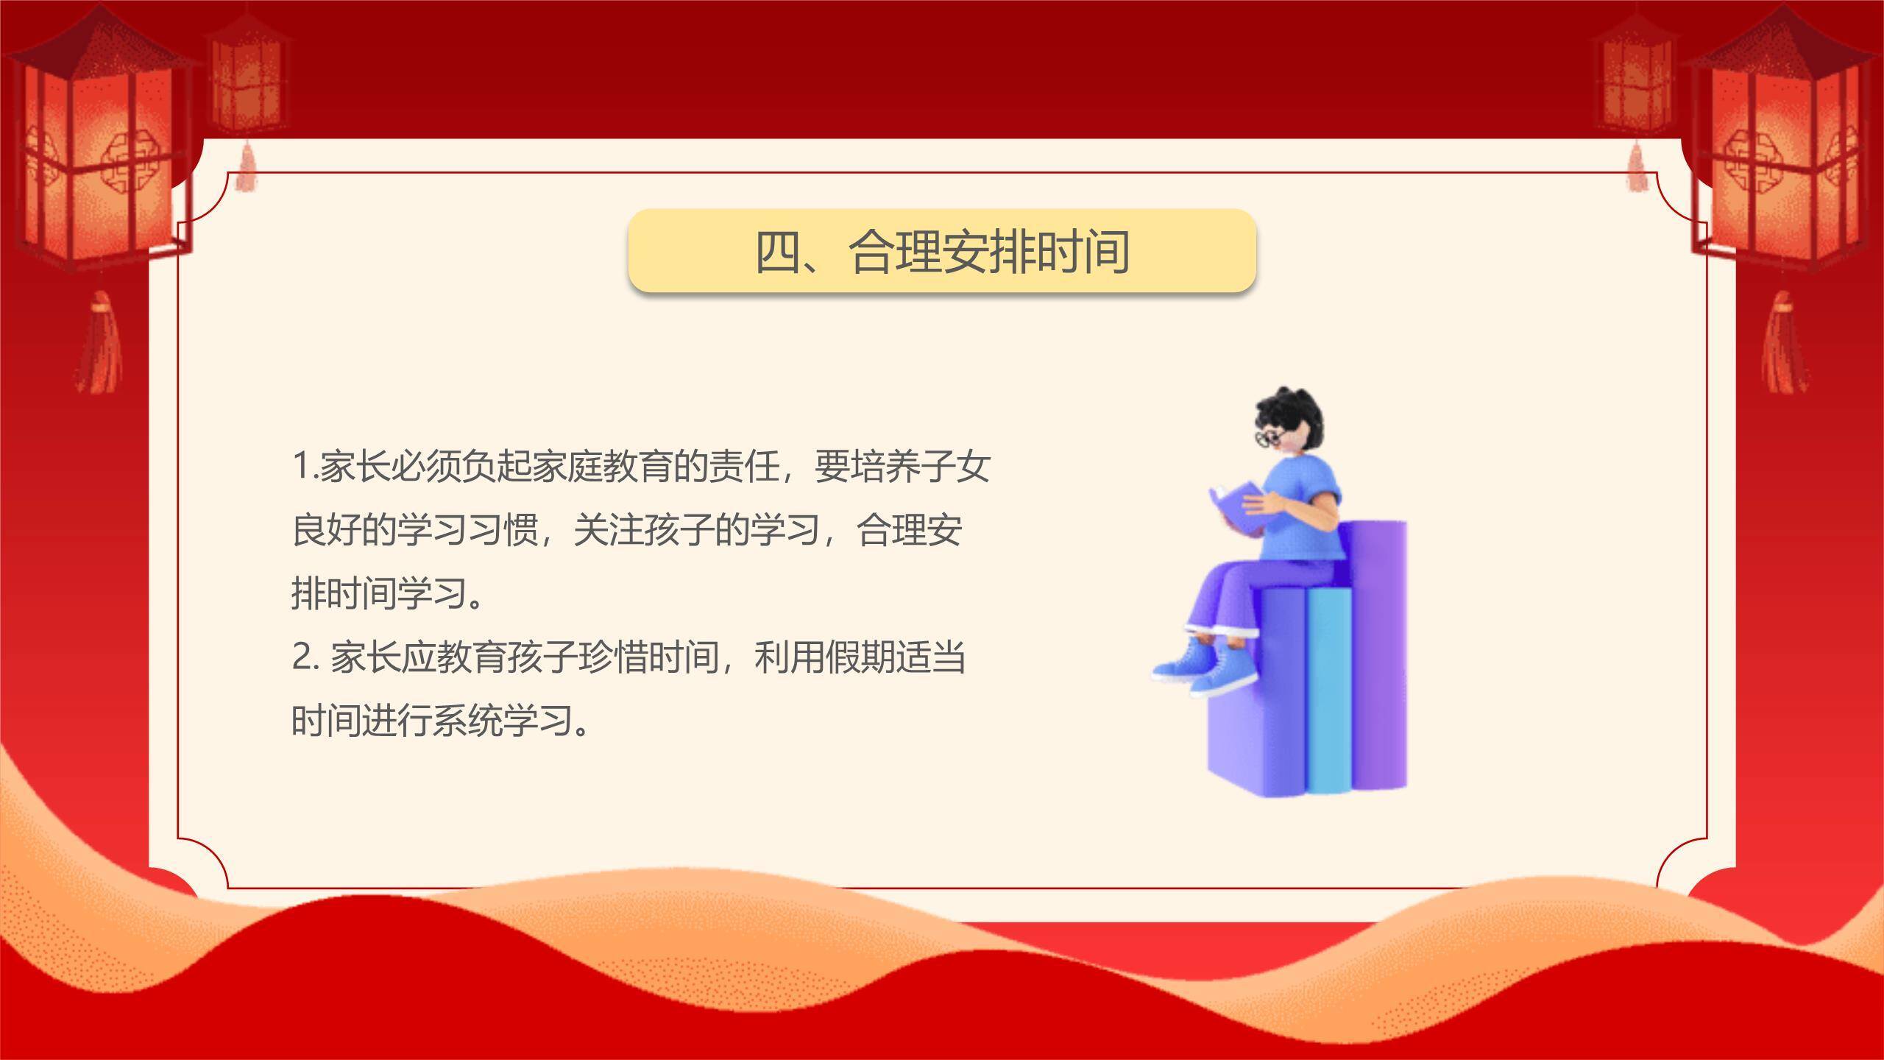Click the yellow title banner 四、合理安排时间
tap(941, 250)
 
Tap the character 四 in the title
tap(778, 252)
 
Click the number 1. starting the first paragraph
tap(305, 467)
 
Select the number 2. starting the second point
tap(305, 657)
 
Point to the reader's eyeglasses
tap(1269, 437)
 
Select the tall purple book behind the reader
tap(1380, 648)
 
